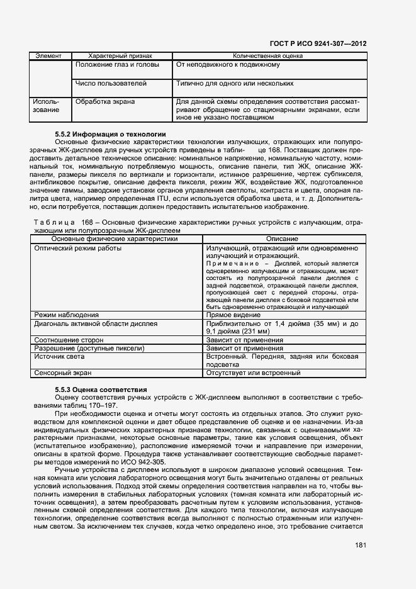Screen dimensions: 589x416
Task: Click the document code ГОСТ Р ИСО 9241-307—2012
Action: pyautogui.click(x=318, y=43)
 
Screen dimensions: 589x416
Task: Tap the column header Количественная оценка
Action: pyautogui.click(x=267, y=56)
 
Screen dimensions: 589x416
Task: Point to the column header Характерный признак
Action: pyautogui.click(x=120, y=56)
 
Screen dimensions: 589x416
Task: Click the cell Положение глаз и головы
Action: pyautogui.click(x=116, y=65)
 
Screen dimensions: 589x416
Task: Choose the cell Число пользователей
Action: pyautogui.click(x=111, y=83)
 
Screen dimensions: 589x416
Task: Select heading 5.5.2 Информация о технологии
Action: pyautogui.click(x=110, y=134)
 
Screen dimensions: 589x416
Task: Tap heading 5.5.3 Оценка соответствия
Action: pyautogui.click(x=101, y=390)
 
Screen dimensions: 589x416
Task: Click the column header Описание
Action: pyautogui.click(x=282, y=239)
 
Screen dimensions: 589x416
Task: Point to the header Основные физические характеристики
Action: pyautogui.click(x=118, y=239)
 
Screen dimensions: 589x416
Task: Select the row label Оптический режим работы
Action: pyautogui.click(x=78, y=248)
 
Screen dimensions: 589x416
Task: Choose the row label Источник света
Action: pyautogui.click(x=64, y=356)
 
